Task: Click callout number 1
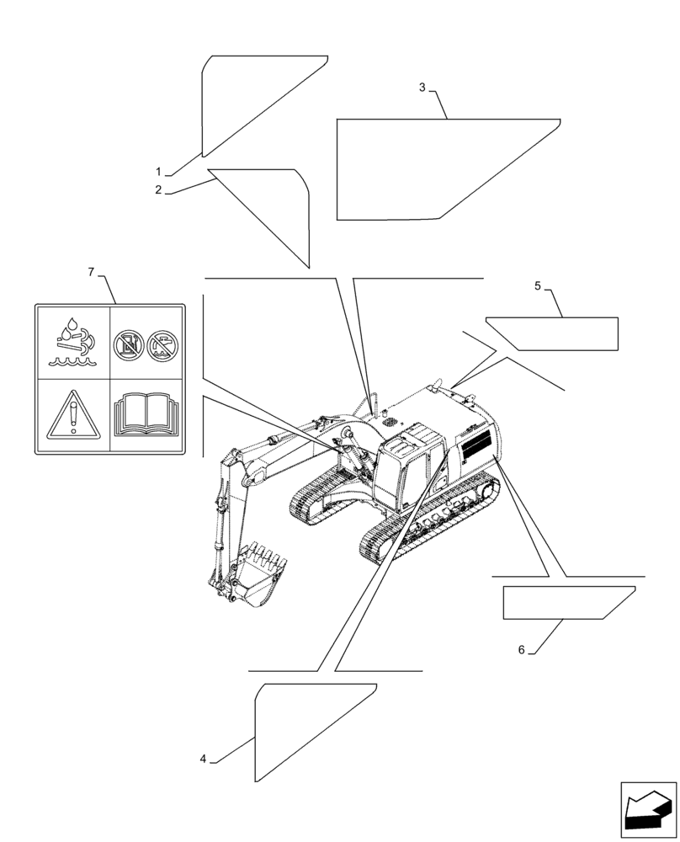pos(157,171)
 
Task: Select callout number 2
pos(157,190)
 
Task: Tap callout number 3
pos(422,87)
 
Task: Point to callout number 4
pos(203,759)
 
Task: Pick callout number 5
pos(537,286)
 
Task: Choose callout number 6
pos(522,649)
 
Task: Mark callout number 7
pos(91,271)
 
